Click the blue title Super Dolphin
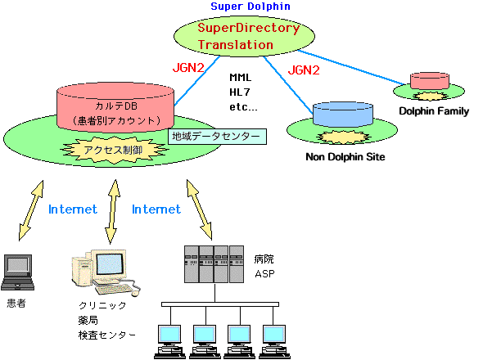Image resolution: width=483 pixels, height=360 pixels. [251, 7]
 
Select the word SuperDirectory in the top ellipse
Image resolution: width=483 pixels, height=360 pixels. [249, 28]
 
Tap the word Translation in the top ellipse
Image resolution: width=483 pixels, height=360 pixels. [235, 45]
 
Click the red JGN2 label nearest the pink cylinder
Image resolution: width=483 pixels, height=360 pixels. [188, 67]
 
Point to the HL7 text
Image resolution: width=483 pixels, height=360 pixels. [240, 92]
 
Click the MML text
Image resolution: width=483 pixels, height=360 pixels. [240, 77]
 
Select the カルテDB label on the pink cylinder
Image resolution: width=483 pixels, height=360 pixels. [116, 106]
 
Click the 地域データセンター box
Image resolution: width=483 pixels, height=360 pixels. [217, 137]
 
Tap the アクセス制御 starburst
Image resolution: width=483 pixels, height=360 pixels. [114, 150]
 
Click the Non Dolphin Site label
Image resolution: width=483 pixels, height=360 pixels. [345, 157]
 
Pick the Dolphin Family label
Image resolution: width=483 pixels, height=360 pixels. [434, 111]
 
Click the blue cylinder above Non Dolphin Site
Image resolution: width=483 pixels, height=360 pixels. [343, 115]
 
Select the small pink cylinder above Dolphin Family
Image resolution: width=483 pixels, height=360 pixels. [430, 81]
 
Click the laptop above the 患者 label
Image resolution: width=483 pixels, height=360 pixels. [18, 272]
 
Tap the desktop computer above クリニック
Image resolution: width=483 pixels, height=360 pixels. [106, 272]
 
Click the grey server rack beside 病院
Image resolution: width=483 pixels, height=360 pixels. [214, 264]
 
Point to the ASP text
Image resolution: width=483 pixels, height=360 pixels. [264, 274]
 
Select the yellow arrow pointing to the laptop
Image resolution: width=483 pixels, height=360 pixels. [31, 210]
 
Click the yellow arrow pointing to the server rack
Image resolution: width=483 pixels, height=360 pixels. [199, 209]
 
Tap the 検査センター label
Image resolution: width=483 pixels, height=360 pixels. [107, 335]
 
